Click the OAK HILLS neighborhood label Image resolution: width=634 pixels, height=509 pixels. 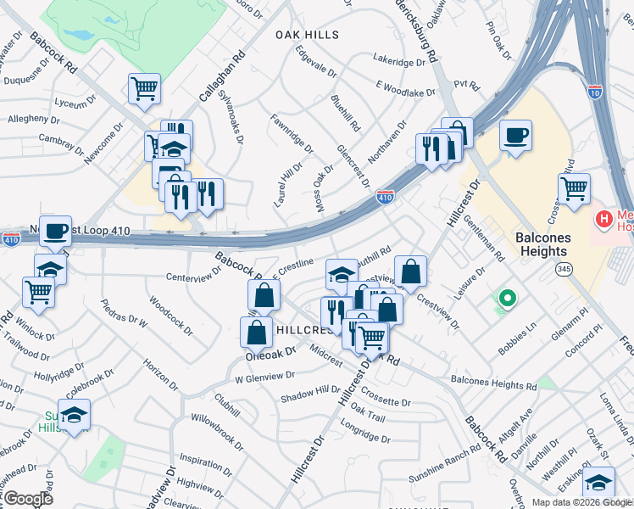click(307, 35)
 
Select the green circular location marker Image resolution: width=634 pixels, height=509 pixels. click(507, 298)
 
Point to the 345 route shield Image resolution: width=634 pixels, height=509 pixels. click(563, 269)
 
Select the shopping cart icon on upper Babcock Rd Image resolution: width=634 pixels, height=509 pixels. click(144, 87)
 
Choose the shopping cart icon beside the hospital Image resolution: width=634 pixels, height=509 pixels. click(574, 188)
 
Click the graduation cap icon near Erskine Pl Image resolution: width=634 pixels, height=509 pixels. click(598, 482)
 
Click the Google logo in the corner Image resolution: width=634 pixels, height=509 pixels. click(29, 498)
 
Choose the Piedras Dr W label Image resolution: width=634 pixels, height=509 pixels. click(124, 313)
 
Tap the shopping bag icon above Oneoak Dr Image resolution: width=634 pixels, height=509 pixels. click(256, 331)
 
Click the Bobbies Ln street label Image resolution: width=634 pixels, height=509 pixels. click(520, 332)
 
